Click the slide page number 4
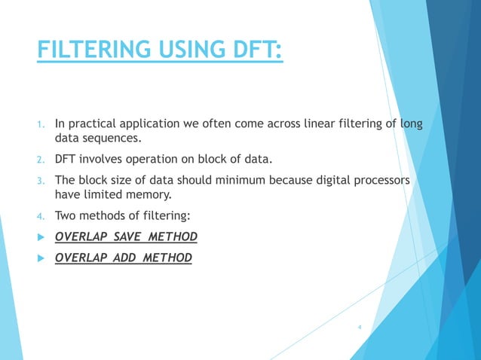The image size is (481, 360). pyautogui.click(x=360, y=327)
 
